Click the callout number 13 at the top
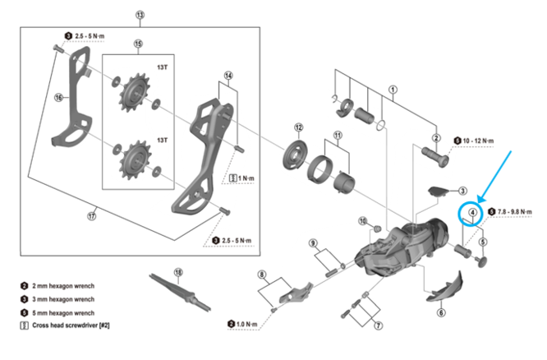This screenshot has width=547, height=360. (x=140, y=15)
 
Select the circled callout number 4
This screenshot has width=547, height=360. (x=473, y=212)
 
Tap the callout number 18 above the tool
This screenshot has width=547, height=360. (x=178, y=272)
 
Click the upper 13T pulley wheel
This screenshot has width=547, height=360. (x=135, y=93)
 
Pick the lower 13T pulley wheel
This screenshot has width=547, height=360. (x=135, y=160)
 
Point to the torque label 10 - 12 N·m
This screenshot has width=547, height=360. (x=478, y=141)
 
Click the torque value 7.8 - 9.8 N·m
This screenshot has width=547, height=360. (x=514, y=212)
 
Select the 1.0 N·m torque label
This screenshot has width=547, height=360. (x=246, y=325)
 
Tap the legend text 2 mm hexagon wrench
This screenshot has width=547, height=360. (x=63, y=286)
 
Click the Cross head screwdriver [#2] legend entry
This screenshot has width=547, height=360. (x=71, y=325)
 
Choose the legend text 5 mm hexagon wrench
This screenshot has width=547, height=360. (x=63, y=313)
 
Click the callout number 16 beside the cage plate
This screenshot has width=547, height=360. (x=58, y=98)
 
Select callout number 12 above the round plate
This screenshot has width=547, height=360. (x=299, y=127)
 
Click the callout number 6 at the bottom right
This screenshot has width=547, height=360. (x=441, y=312)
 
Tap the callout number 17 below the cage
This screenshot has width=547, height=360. (x=91, y=216)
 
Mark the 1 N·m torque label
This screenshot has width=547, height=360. (x=246, y=178)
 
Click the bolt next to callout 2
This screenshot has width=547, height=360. (x=435, y=157)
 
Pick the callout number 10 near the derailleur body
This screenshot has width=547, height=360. (x=363, y=221)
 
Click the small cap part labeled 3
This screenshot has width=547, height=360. (x=439, y=192)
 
